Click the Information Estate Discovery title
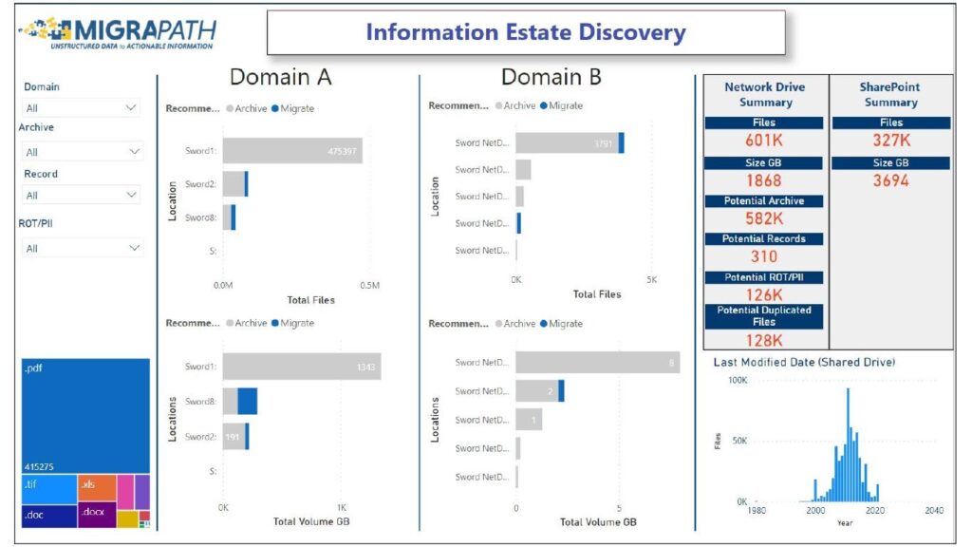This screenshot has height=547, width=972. [525, 33]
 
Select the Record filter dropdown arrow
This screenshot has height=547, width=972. [131, 195]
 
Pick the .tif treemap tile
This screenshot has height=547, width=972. [48, 488]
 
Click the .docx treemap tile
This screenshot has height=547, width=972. [96, 515]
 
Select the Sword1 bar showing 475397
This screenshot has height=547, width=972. [293, 150]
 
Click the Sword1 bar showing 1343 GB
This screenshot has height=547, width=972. [302, 366]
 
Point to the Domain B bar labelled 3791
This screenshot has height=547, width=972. [568, 143]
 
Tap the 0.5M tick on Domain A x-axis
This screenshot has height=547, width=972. [369, 285]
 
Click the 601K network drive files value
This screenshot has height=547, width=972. [764, 141]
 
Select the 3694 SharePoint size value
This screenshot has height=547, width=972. [890, 180]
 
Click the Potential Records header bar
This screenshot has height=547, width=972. [764, 238]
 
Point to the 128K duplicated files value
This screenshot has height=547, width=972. [764, 340]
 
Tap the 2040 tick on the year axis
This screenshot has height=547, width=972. [934, 511]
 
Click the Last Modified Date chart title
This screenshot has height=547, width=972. [803, 362]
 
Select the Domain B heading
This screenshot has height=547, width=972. [551, 77]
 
